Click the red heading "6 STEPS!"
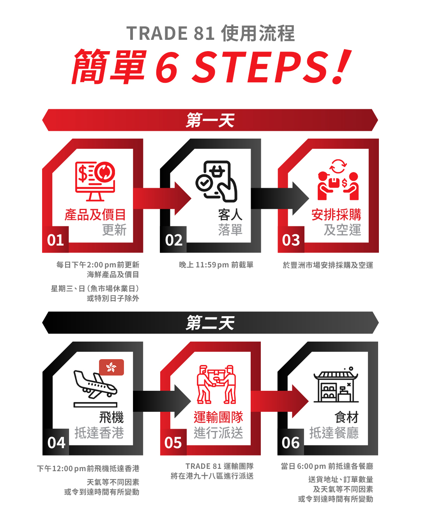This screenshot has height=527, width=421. point(253,66)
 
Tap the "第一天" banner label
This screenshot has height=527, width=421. point(210,120)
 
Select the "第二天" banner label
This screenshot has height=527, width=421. point(210,322)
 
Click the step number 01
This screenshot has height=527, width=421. point(55,240)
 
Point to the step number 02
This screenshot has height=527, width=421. point(174,240)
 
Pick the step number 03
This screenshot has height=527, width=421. point(291,240)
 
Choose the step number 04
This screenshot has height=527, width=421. point(56,443)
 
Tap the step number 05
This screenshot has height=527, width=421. point(173,443)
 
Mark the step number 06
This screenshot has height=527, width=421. point(290,443)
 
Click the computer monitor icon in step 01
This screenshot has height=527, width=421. point(95,181)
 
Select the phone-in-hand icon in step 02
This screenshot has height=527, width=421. point(216,181)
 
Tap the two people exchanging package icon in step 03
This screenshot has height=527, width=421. point(338,180)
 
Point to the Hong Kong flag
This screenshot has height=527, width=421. point(111,367)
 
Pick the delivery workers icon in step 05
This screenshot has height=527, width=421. point(216,384)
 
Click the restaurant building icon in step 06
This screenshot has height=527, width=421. point(336,385)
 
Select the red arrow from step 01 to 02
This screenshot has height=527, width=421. point(162,198)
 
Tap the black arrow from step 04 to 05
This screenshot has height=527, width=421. point(162,401)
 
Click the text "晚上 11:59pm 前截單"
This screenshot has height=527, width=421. point(216,265)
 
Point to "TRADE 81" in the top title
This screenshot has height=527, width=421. point(170,33)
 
